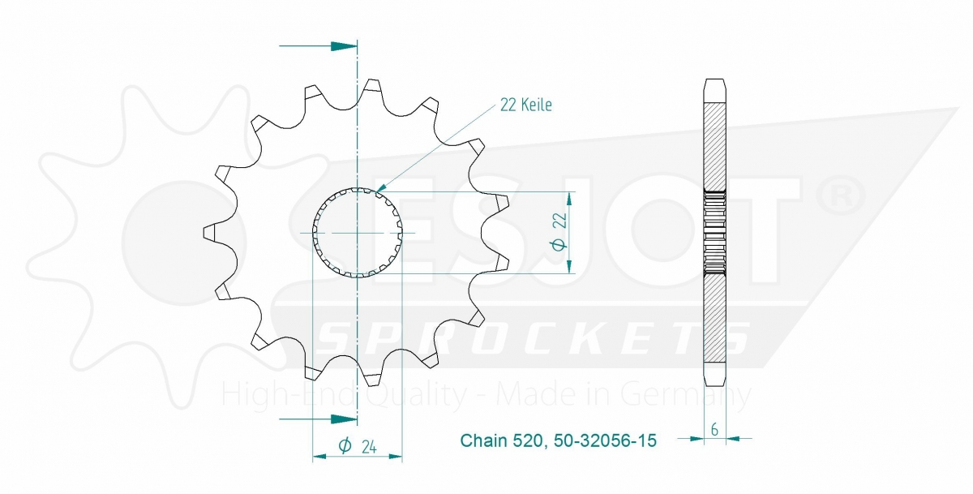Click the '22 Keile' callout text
tap(525, 105)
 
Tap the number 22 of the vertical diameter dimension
tap(560, 221)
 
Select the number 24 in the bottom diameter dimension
tap(369, 447)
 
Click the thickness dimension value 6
tap(714, 429)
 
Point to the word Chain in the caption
tap(484, 440)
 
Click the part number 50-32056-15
tap(605, 440)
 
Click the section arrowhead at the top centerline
tap(344, 46)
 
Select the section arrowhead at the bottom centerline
tap(344, 419)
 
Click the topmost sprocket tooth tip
tap(372, 80)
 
